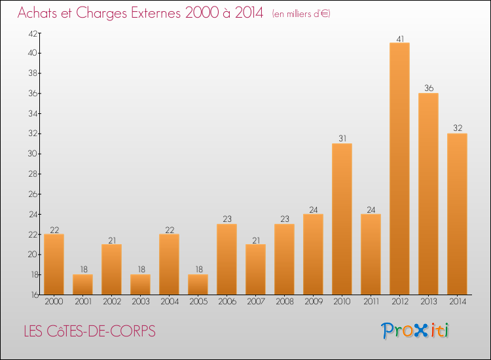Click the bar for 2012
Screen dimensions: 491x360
(399, 168)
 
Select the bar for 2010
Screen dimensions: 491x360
(342, 219)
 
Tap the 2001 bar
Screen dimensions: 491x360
(82, 285)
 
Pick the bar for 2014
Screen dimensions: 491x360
(457, 214)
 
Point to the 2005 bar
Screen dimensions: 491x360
(198, 285)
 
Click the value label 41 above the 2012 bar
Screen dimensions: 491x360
(400, 39)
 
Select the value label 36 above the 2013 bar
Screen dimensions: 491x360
(429, 88)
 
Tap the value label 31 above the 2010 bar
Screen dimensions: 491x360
(342, 138)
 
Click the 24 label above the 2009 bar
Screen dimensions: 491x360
(314, 209)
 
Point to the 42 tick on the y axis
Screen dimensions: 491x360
(33, 33)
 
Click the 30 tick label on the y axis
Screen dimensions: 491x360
(33, 154)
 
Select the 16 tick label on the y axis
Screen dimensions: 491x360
(35, 295)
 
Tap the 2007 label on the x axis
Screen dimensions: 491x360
(256, 301)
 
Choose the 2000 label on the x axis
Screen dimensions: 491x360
(54, 301)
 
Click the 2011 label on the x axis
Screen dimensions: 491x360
(371, 301)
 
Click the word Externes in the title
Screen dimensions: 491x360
(156, 13)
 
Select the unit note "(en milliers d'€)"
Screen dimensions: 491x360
(301, 14)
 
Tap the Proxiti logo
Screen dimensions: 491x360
(415, 331)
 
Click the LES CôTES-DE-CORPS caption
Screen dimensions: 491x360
(90, 331)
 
